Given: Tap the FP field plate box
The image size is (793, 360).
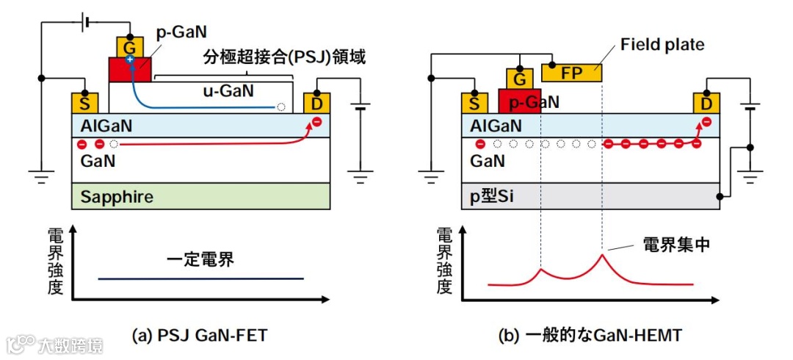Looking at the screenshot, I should (571, 73).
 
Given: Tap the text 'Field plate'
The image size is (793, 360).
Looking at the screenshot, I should (662, 45).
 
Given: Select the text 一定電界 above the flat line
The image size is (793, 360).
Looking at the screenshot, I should (200, 259).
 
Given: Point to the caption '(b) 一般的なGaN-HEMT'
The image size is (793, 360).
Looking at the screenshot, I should (590, 336).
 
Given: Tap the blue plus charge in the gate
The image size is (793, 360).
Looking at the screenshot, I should (129, 59).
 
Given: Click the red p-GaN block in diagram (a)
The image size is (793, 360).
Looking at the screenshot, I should (130, 71).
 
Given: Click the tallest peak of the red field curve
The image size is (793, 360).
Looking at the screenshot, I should (602, 254).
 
